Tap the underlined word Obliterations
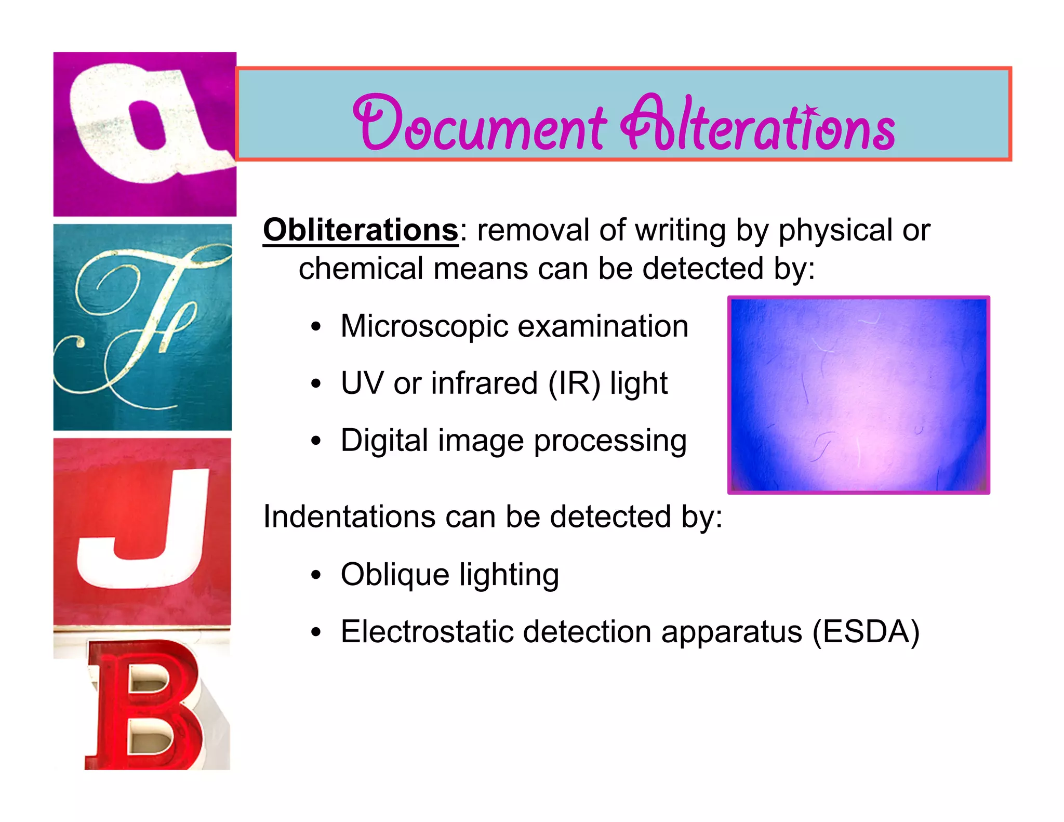click(361, 230)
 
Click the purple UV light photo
click(858, 395)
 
